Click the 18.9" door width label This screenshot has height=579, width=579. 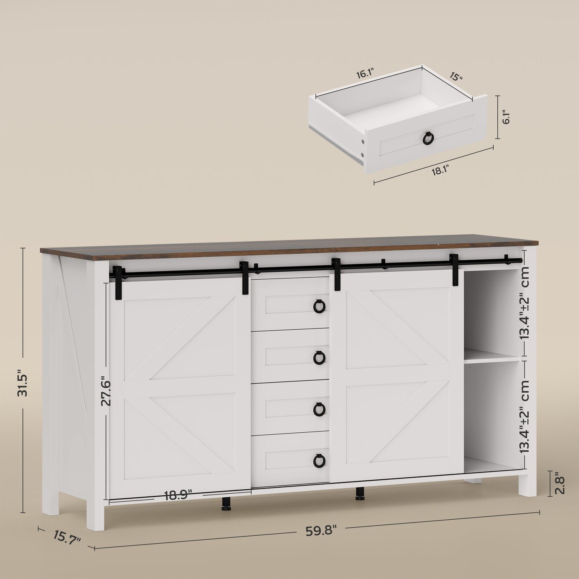tap(178, 495)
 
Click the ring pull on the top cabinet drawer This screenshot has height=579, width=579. tap(319, 307)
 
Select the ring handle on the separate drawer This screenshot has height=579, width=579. tap(428, 139)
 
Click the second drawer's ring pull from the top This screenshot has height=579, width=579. tap(319, 357)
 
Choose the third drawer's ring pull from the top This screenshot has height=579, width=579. tap(319, 409)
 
